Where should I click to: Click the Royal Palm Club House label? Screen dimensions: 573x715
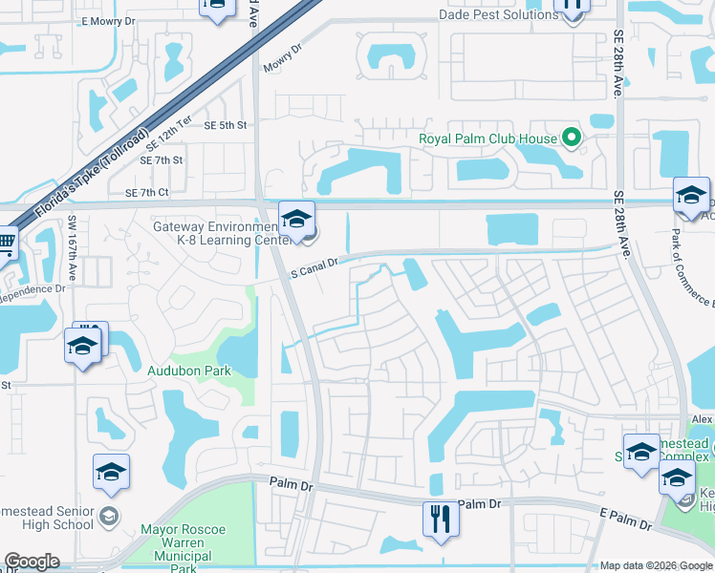coord(487,138)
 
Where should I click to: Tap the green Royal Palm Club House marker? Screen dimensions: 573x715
coord(572,138)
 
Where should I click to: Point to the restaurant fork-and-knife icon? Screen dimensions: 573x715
coord(441,519)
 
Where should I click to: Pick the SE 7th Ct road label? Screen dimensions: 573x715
coord(146,193)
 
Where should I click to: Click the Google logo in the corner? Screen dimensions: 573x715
coord(32,562)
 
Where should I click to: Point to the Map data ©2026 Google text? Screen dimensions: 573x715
coord(656,565)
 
